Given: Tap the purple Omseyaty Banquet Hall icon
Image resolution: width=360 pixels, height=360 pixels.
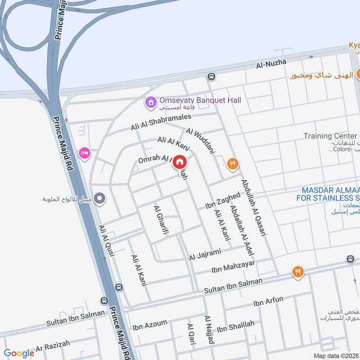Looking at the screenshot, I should coord(150,103).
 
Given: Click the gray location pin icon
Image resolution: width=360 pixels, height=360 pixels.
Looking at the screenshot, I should coord(101,198).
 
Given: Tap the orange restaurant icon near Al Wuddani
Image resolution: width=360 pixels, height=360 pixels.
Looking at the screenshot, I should coord(232,164).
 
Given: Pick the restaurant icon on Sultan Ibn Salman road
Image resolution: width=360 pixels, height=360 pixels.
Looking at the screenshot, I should coord(297,271).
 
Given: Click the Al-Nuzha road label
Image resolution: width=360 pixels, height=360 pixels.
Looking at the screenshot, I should coord(271,64).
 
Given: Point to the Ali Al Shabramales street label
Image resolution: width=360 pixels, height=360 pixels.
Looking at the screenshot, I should coord(161,122).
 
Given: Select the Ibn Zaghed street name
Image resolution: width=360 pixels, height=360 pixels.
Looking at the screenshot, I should coord(223,201).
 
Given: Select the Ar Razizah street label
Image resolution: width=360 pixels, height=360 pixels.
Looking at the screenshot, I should coord(53,346).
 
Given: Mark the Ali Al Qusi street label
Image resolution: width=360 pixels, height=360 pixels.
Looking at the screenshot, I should coord(107,241).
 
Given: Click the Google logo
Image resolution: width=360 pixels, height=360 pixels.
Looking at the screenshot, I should coord(19,353).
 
